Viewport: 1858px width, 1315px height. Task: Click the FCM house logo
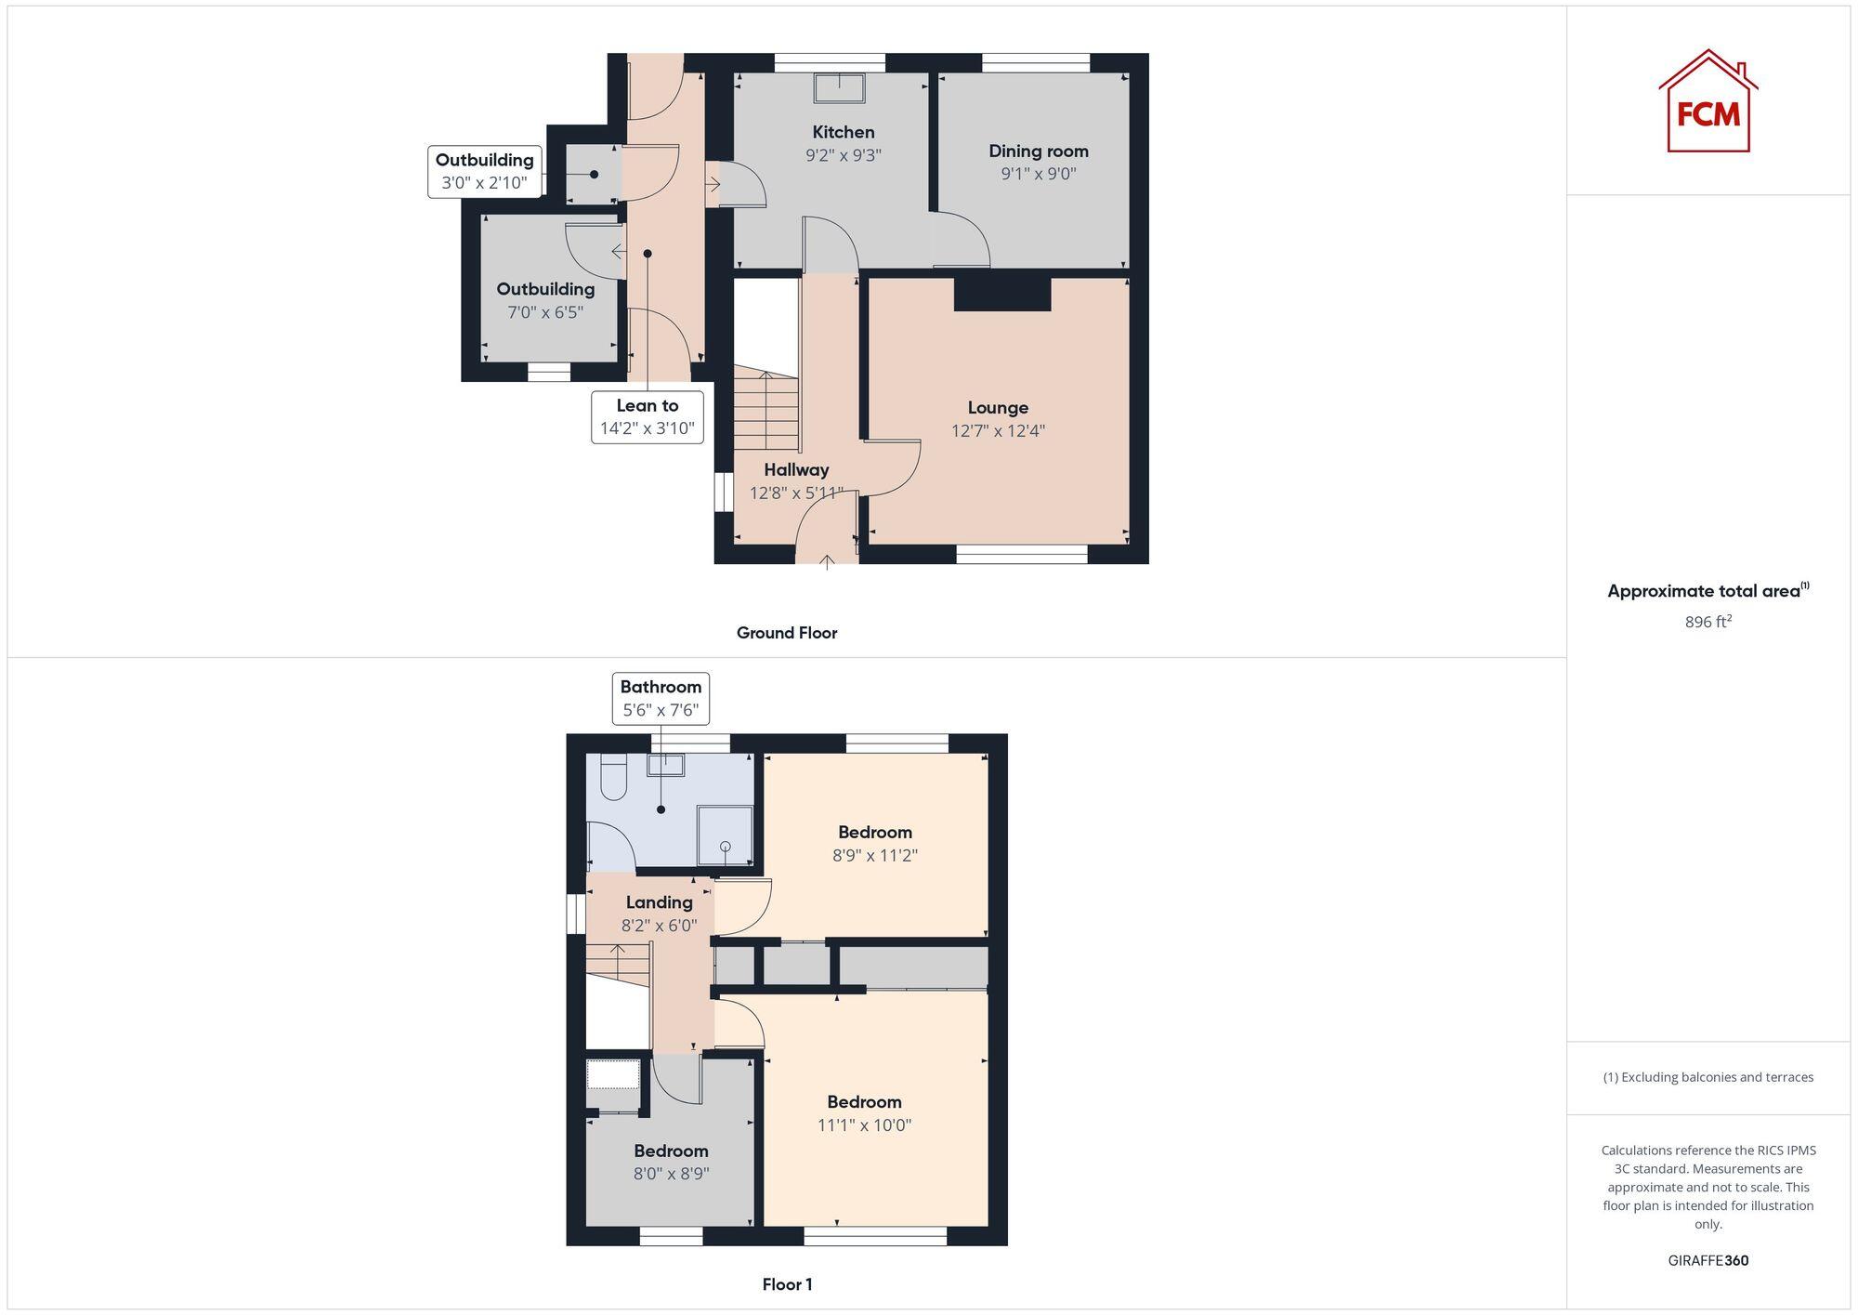[1708, 101]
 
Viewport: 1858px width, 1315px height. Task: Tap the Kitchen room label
[843, 132]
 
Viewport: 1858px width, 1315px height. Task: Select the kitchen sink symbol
[839, 88]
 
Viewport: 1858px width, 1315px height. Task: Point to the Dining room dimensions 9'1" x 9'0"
[1038, 174]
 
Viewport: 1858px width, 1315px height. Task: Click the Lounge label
[998, 407]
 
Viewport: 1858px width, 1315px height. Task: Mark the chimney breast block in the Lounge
[1001, 294]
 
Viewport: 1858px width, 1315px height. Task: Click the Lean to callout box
[648, 417]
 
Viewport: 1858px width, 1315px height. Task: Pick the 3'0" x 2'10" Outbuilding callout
[484, 172]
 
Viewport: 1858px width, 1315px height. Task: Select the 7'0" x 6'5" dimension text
[545, 312]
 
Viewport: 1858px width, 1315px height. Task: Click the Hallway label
[796, 469]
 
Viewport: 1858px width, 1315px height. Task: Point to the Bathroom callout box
[661, 699]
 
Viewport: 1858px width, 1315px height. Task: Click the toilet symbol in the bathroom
[614, 777]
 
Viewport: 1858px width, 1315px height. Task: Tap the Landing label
[659, 902]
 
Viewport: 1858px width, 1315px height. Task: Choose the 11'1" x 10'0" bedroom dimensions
[864, 1125]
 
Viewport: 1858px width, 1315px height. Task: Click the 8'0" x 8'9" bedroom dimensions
[671, 1174]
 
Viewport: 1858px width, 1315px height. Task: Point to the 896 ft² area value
[1708, 622]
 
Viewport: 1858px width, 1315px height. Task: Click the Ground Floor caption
[787, 633]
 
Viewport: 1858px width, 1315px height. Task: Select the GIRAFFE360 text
[1708, 1261]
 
